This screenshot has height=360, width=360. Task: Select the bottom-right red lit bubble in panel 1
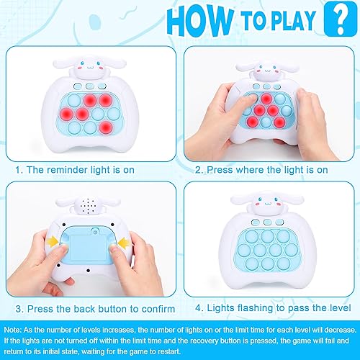[107, 128]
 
